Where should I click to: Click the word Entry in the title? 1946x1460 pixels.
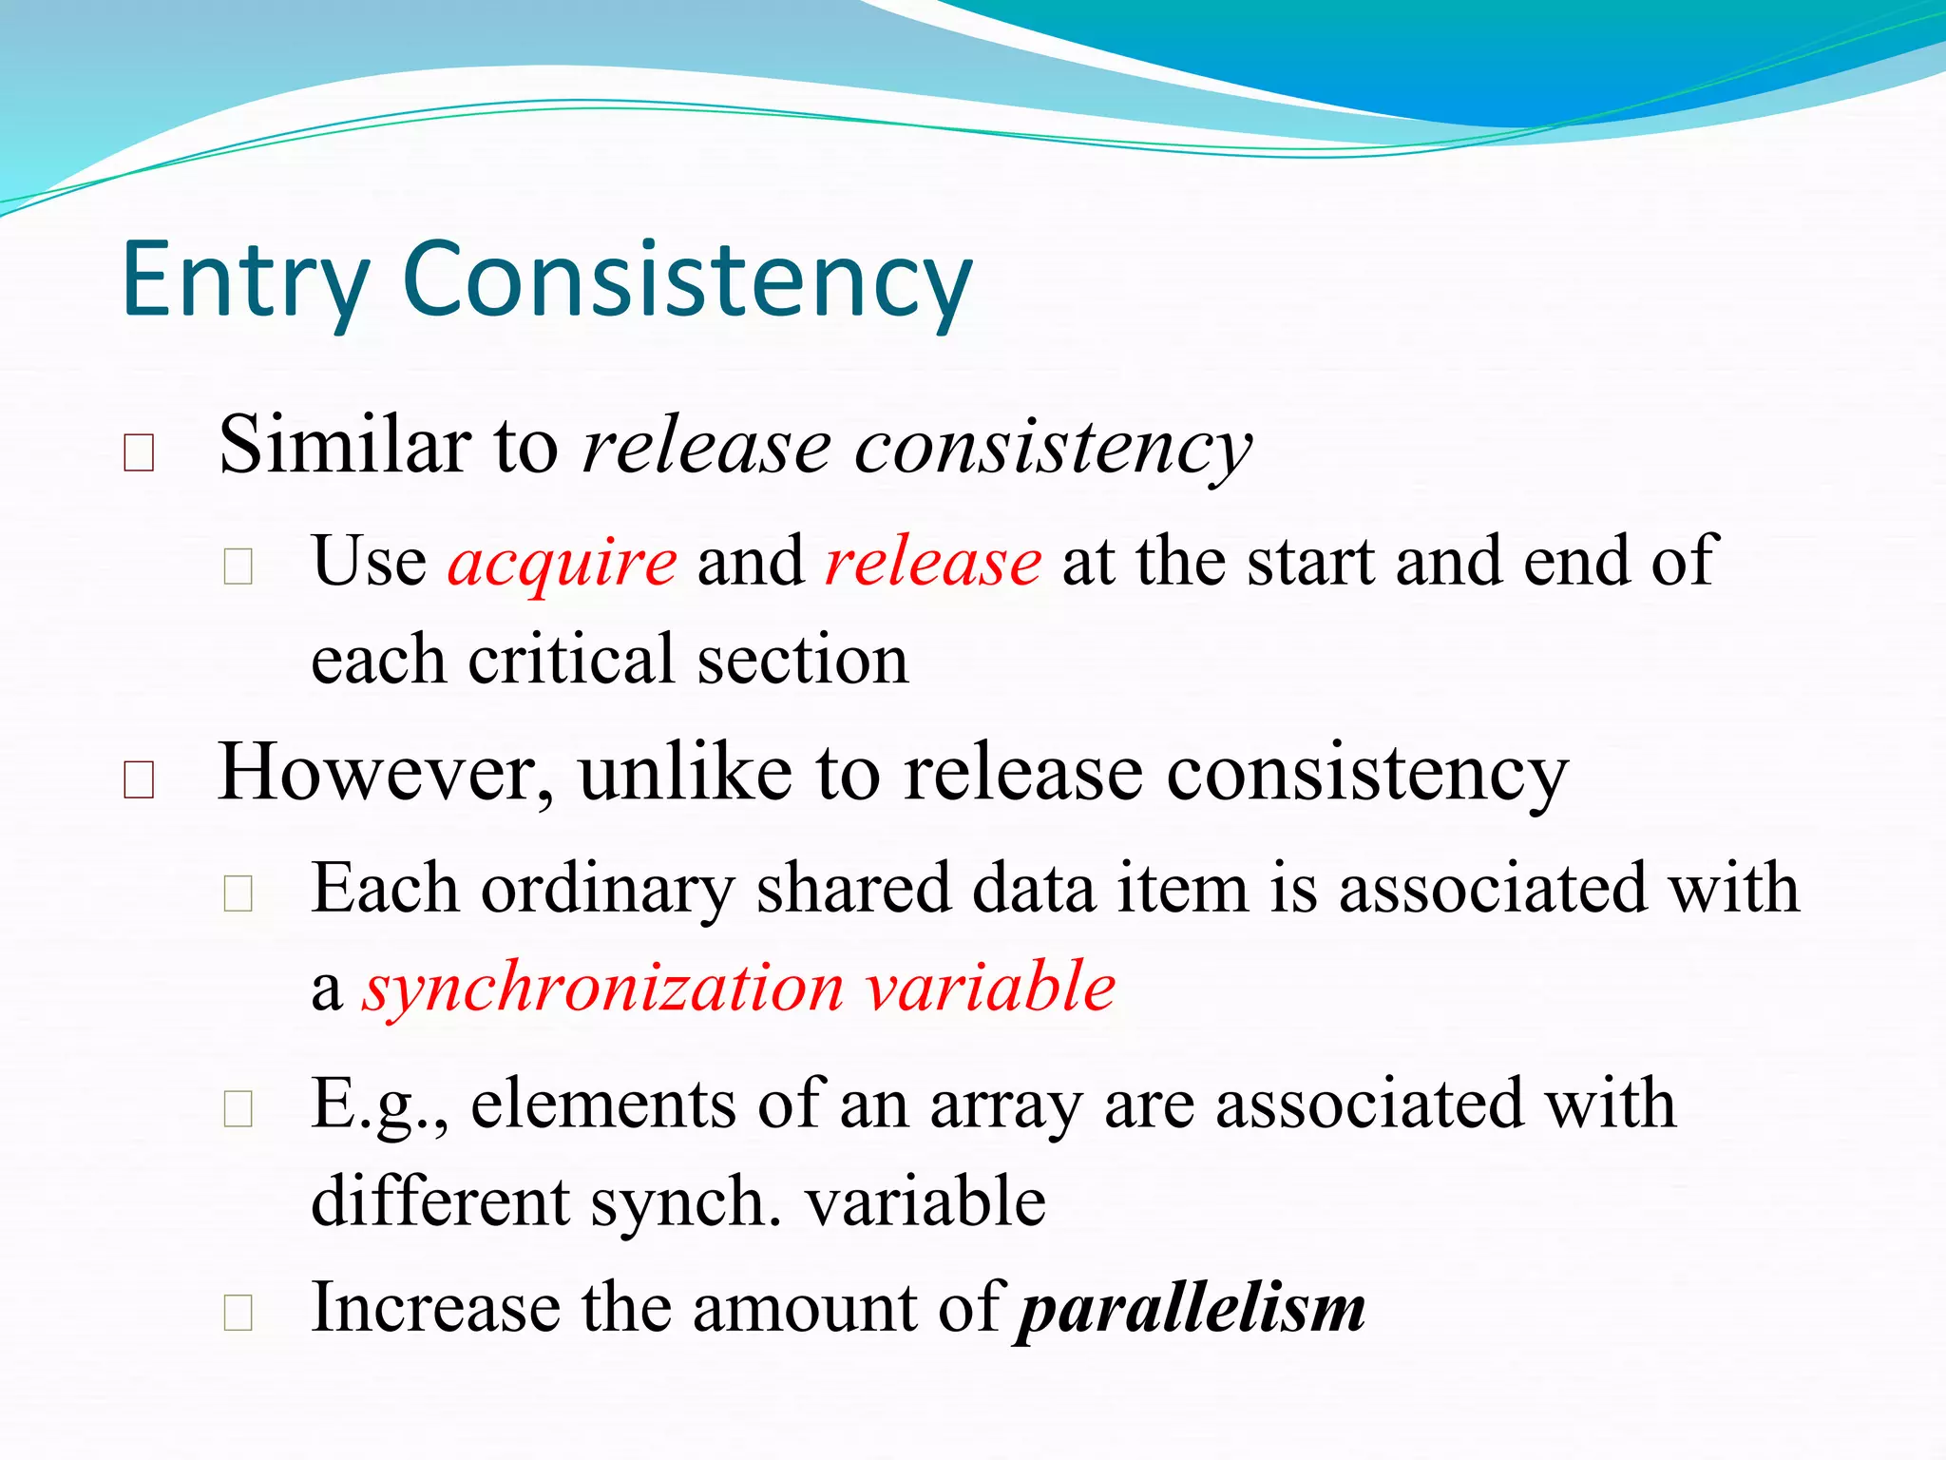coord(244,280)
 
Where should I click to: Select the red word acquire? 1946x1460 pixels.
coord(563,562)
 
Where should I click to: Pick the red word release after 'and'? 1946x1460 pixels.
coord(933,562)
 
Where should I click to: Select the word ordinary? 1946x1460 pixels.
coord(608,889)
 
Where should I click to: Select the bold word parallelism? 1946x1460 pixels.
coord(1192,1309)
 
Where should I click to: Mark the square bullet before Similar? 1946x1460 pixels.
coord(139,452)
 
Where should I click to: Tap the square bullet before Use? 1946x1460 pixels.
coord(238,567)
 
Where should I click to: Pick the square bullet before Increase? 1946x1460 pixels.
coord(238,1313)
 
